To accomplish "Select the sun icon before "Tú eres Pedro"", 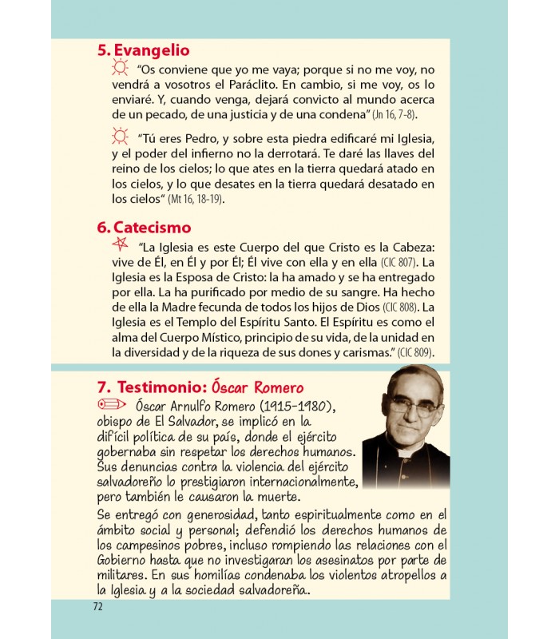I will tap(121, 134).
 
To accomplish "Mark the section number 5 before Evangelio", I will tap(102, 50).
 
